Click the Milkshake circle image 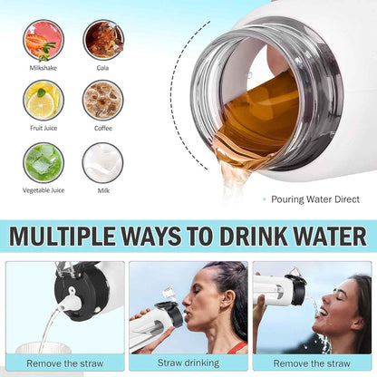click(x=43, y=40)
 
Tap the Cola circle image click(x=102, y=40)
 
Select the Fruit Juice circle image click(x=43, y=100)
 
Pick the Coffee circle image click(x=102, y=100)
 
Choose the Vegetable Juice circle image click(x=43, y=161)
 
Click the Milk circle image click(x=102, y=161)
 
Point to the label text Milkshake click(x=43, y=68)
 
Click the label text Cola click(x=102, y=68)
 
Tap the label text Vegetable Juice click(x=43, y=190)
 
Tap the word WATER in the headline click(x=330, y=237)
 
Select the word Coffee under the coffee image click(x=102, y=129)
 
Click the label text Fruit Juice click(x=43, y=129)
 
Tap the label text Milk click(x=102, y=190)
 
